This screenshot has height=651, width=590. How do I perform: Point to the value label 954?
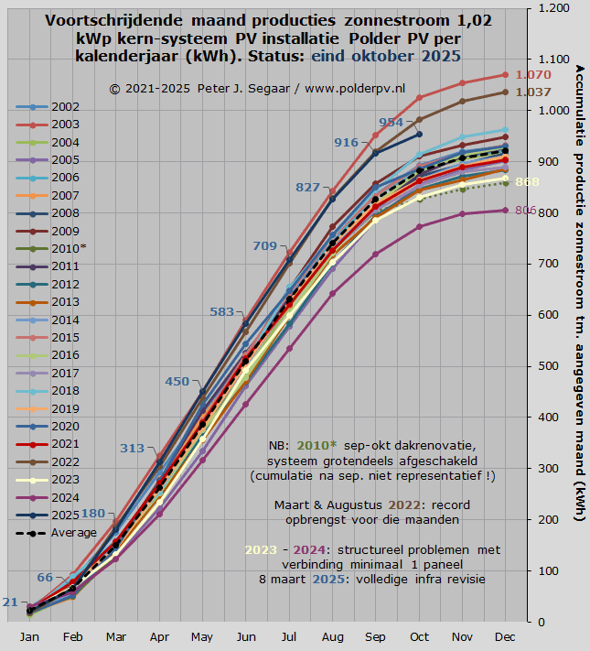click(x=391, y=123)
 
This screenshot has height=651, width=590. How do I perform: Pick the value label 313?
click(x=133, y=448)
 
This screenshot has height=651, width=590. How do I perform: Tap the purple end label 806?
click(x=525, y=211)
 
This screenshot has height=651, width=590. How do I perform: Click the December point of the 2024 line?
click(x=505, y=211)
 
